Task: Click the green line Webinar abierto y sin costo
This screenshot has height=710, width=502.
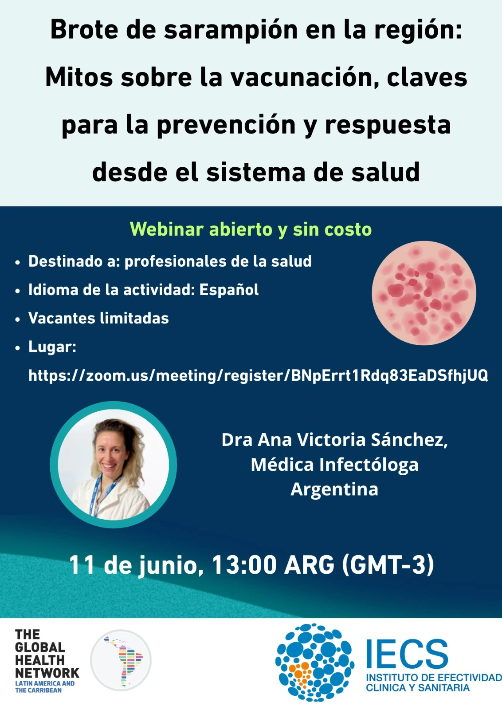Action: pyautogui.click(x=251, y=229)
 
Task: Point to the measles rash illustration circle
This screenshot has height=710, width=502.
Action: pyautogui.click(x=424, y=293)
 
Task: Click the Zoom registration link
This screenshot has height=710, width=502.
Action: pyautogui.click(x=258, y=376)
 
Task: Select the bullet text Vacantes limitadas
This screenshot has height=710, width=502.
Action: pyautogui.click(x=98, y=318)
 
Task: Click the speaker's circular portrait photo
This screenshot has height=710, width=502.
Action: pyautogui.click(x=114, y=465)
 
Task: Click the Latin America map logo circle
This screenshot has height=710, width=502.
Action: pyautogui.click(x=121, y=660)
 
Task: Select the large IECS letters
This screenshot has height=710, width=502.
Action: pyautogui.click(x=407, y=654)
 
